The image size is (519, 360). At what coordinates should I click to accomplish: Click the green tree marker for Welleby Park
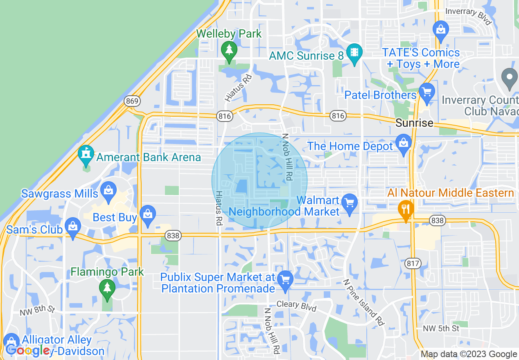(x=229, y=51)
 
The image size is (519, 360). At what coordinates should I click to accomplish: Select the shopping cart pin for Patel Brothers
(x=427, y=92)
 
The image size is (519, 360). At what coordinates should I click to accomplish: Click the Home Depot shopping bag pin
(x=404, y=144)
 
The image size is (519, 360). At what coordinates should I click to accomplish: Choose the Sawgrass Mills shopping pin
(x=108, y=191)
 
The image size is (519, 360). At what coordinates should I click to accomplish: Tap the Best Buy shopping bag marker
(x=147, y=215)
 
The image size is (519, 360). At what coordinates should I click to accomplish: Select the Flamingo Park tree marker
(x=107, y=289)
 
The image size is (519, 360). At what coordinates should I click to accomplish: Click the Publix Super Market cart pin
(x=285, y=281)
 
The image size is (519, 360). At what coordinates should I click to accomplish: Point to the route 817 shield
(x=413, y=263)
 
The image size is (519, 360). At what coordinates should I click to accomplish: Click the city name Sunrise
(x=414, y=123)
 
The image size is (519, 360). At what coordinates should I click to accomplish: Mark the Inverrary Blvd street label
(x=468, y=15)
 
